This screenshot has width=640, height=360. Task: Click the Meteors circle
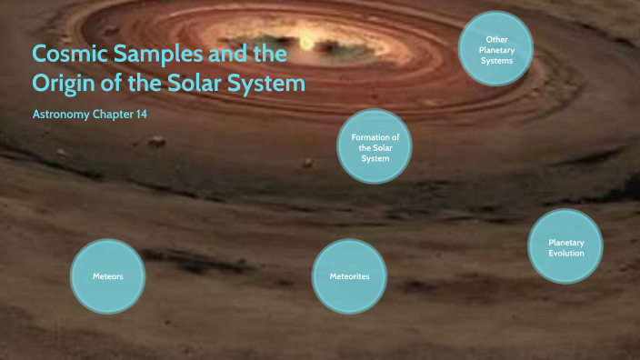tap(107, 275)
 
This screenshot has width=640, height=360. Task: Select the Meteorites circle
tap(348, 275)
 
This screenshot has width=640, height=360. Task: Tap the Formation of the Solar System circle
tap(374, 147)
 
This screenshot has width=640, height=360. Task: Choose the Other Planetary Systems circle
tap(495, 50)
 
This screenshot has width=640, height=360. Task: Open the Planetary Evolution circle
tap(565, 247)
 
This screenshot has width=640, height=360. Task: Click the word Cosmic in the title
tap(69, 55)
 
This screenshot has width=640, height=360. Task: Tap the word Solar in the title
tap(204, 85)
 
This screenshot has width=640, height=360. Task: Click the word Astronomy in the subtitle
tap(60, 115)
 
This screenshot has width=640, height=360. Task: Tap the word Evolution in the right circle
tap(565, 254)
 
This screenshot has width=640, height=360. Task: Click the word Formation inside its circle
tap(374, 136)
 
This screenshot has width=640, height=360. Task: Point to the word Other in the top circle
tap(495, 39)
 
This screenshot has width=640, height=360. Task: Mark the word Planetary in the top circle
tap(495, 50)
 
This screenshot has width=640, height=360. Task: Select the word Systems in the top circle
tap(495, 61)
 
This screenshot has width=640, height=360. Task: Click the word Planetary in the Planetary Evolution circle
tap(565, 243)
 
